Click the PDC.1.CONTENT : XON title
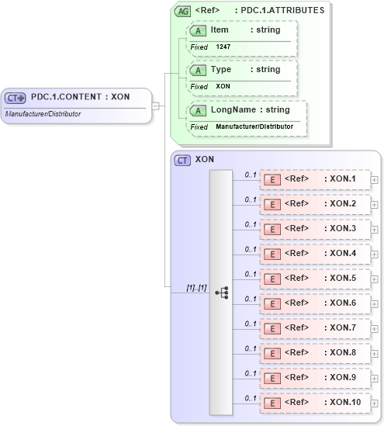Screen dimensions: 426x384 pyautogui.click(x=80, y=97)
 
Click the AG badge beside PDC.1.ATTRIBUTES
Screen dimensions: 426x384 pyautogui.click(x=182, y=11)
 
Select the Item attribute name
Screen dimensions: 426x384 pyautogui.click(x=219, y=29)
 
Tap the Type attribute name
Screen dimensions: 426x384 pyautogui.click(x=221, y=70)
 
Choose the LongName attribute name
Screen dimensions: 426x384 pyautogui.click(x=234, y=110)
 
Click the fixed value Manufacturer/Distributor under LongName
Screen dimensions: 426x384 pyautogui.click(x=254, y=126)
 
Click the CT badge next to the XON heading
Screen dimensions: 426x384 pyautogui.click(x=182, y=160)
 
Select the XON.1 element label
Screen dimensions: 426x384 pyautogui.click(x=340, y=179)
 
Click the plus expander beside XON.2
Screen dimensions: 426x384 pyautogui.click(x=375, y=204)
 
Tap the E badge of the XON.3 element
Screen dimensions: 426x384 pyautogui.click(x=272, y=229)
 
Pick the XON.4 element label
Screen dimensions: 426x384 pyautogui.click(x=340, y=253)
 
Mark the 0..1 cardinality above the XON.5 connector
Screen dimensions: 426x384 pyautogui.click(x=251, y=274)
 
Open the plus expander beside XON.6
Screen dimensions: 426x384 pyautogui.click(x=375, y=303)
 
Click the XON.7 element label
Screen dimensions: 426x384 pyautogui.click(x=340, y=327)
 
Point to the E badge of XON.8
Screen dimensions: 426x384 pyautogui.click(x=272, y=353)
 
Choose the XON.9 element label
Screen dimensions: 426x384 pyautogui.click(x=340, y=377)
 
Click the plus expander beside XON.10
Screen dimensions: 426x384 pyautogui.click(x=375, y=403)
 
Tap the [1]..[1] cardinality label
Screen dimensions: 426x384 pyautogui.click(x=196, y=288)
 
